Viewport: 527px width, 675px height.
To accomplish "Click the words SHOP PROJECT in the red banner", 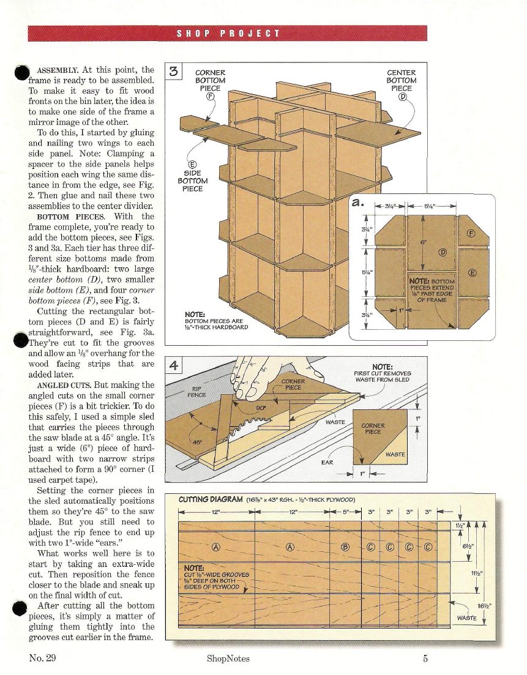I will (228, 34).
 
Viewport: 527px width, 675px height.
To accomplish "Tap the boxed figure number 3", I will (173, 72).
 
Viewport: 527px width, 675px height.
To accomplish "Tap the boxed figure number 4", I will (174, 367).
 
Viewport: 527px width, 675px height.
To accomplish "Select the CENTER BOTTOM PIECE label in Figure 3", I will (401, 80).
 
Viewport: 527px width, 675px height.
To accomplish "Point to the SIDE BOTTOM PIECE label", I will (193, 177).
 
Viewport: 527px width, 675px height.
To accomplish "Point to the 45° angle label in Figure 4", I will (196, 441).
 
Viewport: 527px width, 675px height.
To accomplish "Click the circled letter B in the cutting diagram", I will (345, 546).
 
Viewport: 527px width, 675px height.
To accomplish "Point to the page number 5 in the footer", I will (424, 658).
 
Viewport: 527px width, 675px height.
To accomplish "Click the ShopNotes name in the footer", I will (228, 658).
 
